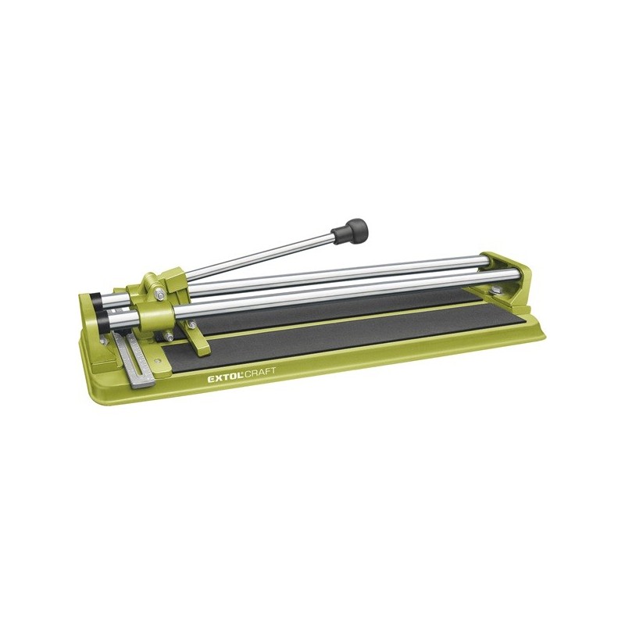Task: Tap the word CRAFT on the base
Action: (x=259, y=373)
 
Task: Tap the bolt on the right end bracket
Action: (x=496, y=289)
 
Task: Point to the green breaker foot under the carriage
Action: (x=197, y=337)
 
